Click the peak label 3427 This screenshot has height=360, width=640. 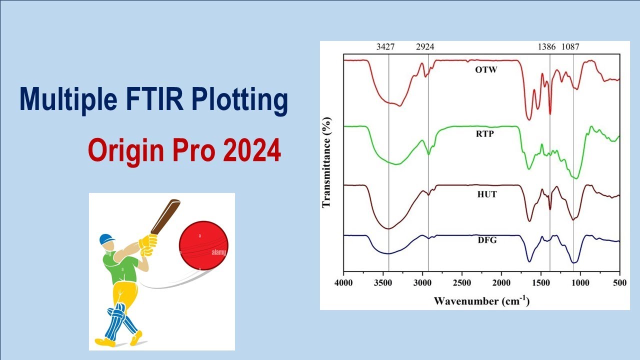pos(385,47)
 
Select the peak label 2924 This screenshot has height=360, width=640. pos(425,47)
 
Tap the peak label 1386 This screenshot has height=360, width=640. pos(546,47)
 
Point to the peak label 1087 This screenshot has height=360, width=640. pos(570,47)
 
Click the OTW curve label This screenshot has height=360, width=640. pos(486,69)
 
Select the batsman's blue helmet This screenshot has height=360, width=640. pos(106,239)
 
